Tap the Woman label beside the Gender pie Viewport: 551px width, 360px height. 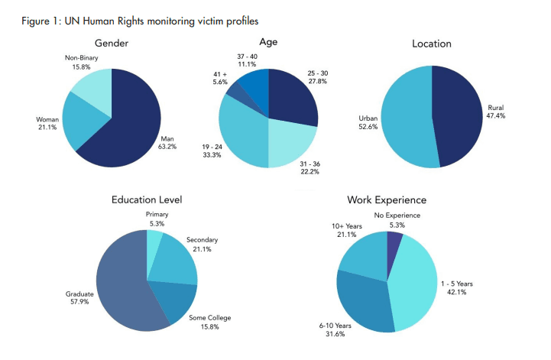point(47,120)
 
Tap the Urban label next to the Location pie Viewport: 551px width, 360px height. point(368,119)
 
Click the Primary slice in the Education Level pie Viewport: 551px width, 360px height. point(153,243)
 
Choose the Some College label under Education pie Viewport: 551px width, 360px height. point(209,317)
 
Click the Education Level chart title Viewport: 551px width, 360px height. point(147,200)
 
